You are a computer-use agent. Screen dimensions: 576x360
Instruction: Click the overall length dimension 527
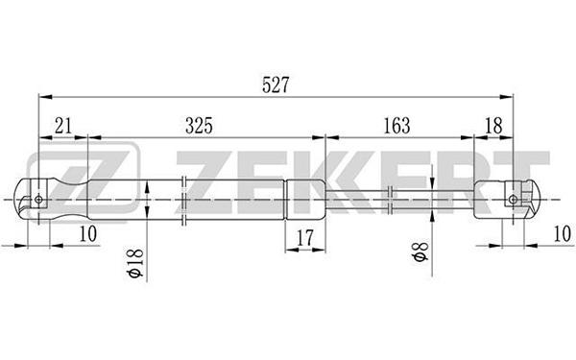point(276,84)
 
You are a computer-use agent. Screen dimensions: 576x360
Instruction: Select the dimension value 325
point(199,126)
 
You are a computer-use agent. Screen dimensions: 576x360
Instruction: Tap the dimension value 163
point(396,126)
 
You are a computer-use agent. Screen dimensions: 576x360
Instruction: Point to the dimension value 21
point(63,126)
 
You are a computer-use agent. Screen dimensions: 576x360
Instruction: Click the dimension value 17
point(305,238)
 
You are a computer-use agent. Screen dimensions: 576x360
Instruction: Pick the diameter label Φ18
point(136,263)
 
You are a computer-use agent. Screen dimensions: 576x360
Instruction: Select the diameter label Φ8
point(421,252)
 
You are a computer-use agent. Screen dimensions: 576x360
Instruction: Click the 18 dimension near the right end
point(493,126)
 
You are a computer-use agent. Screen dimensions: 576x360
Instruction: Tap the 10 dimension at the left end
point(87,233)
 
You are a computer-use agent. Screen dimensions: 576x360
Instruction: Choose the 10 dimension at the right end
point(562,233)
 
